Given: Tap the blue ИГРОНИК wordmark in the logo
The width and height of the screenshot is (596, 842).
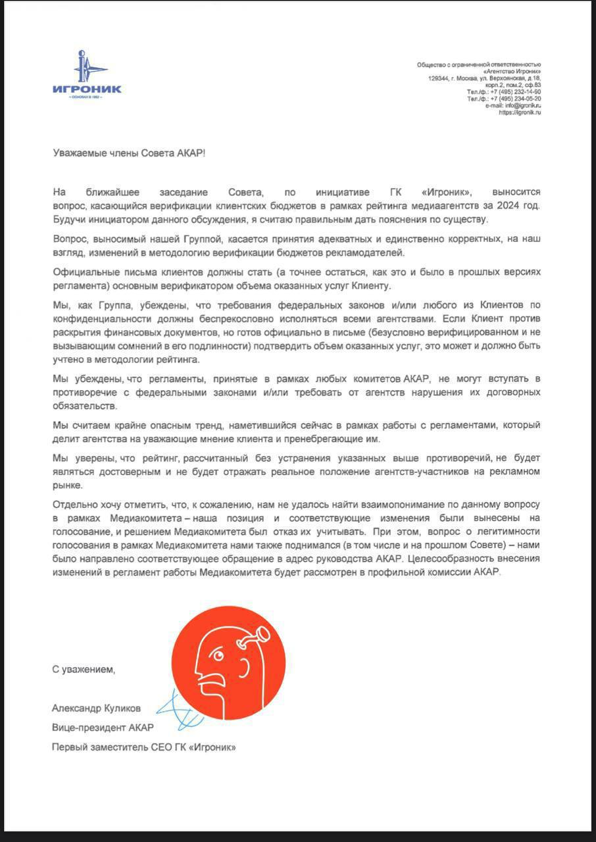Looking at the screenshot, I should click(87, 89).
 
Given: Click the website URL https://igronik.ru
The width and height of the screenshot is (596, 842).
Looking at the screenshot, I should click(520, 112).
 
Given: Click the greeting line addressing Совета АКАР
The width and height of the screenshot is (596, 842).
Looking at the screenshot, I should click(129, 152).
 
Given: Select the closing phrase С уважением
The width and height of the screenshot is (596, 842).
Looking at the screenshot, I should click(84, 670).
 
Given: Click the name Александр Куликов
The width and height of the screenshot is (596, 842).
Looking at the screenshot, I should click(96, 708).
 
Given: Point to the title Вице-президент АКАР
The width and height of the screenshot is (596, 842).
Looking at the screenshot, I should click(103, 728).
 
